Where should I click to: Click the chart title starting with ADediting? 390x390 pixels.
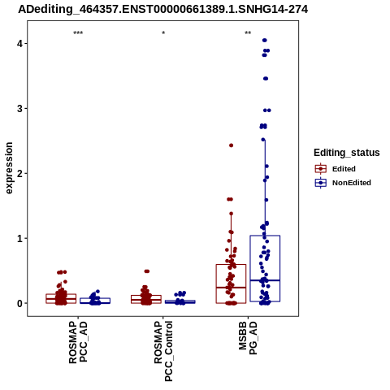[x=163, y=9]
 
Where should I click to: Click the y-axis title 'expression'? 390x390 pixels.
[x=9, y=168]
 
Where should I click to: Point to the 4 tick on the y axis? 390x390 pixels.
[x=20, y=43]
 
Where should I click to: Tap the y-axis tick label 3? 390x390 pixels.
[x=20, y=108]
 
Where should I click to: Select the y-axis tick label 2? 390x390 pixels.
[x=20, y=173]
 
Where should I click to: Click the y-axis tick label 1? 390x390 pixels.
[x=20, y=238]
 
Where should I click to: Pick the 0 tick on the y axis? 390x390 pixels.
[x=20, y=303]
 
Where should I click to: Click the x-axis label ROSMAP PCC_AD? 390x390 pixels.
[x=78, y=342]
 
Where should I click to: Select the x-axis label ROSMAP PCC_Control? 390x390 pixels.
[x=163, y=351]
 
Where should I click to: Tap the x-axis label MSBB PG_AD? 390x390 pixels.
[x=248, y=338]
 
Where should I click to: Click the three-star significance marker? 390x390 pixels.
[x=78, y=33]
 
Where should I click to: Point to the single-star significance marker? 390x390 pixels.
[x=163, y=33]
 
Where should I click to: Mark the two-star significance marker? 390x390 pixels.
[x=248, y=33]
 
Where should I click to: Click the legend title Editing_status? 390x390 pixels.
[x=347, y=153]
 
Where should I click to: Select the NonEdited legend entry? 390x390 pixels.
[x=343, y=183]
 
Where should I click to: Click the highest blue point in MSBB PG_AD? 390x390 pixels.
[x=265, y=41]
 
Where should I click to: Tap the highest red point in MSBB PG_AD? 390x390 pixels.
[x=232, y=145]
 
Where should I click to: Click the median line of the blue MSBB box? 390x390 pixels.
[x=265, y=280]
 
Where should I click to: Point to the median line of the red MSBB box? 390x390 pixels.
[x=231, y=288]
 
